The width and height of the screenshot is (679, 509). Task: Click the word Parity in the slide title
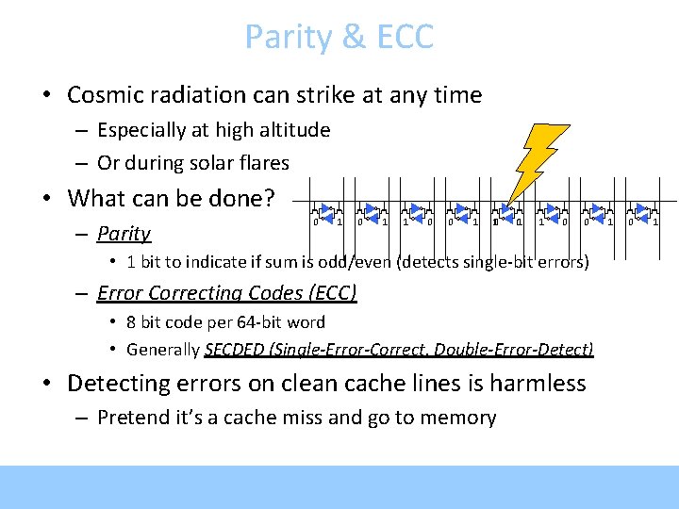[280, 38]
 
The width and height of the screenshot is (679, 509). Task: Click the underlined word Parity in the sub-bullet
[124, 233]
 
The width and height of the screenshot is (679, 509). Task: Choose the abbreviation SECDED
[235, 350]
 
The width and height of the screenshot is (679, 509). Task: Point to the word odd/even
[361, 261]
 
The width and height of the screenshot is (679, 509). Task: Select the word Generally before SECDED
[163, 350]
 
